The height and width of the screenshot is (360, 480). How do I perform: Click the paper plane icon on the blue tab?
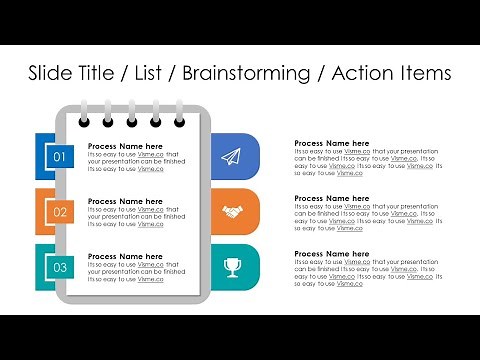pos(232,157)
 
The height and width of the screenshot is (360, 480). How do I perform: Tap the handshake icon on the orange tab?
pos(232,212)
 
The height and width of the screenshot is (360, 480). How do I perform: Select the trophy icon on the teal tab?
pos(232,267)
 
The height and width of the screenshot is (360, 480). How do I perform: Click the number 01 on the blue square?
pos(59,157)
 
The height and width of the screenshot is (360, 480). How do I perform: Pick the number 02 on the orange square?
pos(59,212)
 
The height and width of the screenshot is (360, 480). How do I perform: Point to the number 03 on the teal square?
pos(59,267)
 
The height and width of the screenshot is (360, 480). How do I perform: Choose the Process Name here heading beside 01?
pos(125,146)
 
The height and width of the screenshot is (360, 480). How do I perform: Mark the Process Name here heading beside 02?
pos(125,201)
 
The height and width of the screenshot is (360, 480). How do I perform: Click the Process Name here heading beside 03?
pos(125,256)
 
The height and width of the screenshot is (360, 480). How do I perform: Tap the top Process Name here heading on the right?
pos(332,144)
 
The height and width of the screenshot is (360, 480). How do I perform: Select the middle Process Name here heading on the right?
pos(332,199)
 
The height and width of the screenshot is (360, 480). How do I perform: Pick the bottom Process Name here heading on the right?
pos(332,254)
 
